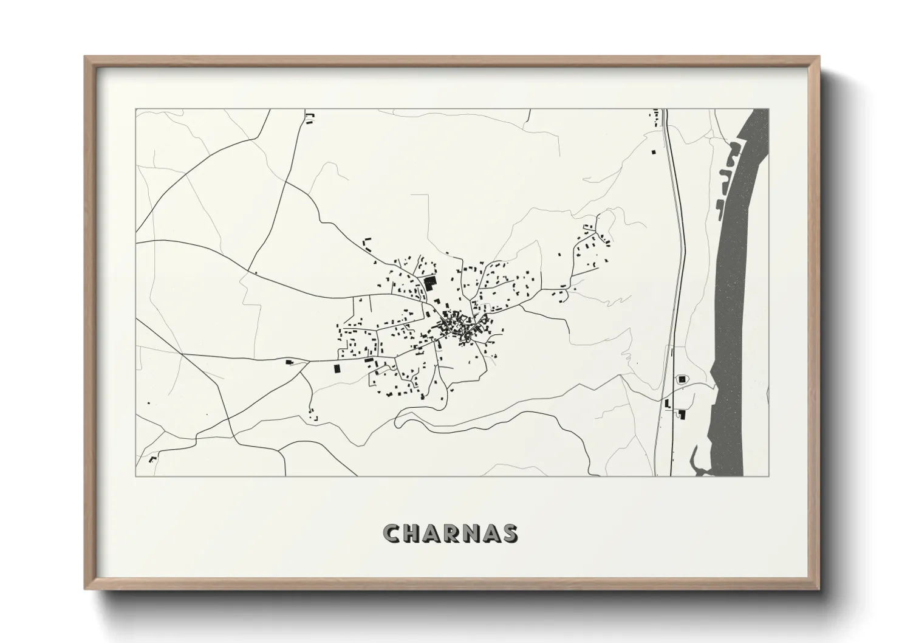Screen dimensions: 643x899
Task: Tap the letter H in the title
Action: point(414,534)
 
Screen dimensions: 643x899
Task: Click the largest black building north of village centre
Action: point(431,283)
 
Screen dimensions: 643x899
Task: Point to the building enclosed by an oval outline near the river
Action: point(682,379)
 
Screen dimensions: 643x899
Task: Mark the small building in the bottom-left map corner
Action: point(153,458)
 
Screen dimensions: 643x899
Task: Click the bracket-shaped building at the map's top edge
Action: point(310,117)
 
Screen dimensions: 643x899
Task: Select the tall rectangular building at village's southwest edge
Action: point(336,368)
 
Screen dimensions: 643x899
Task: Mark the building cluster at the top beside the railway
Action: point(655,115)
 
